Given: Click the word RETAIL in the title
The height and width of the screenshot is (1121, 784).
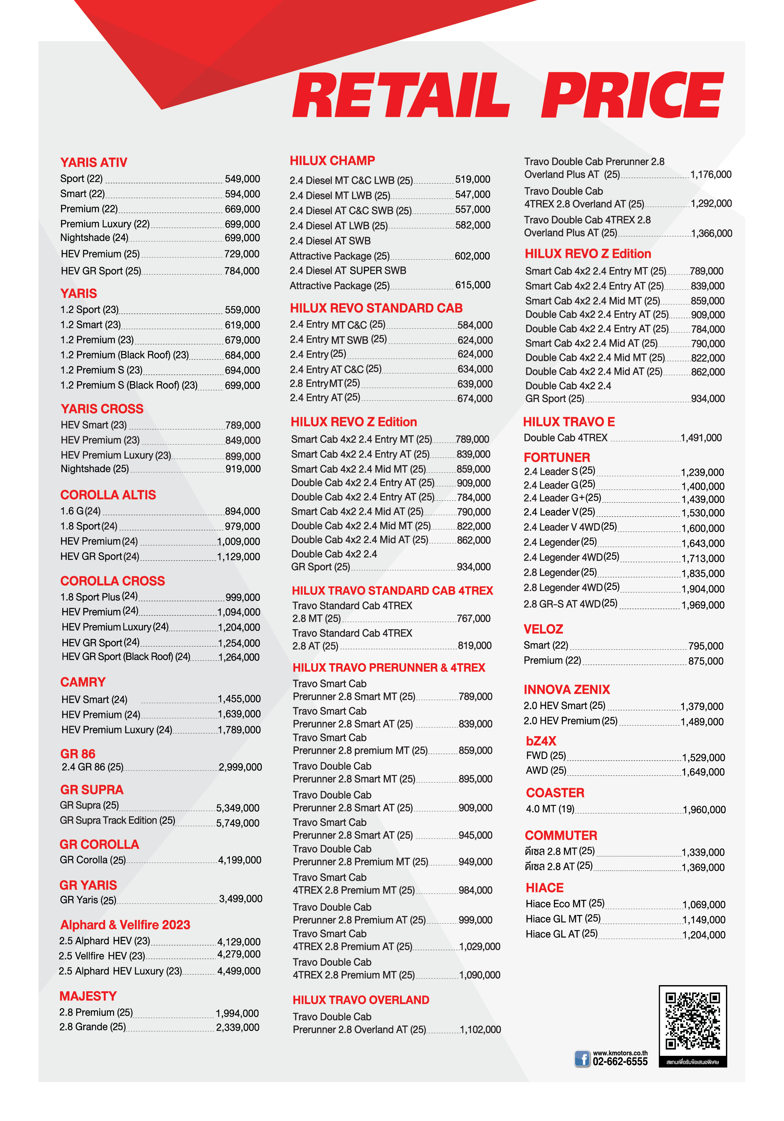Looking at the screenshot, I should point(401,95).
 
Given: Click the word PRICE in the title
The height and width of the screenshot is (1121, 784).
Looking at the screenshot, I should point(632,95).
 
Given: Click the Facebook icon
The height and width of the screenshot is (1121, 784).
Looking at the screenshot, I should point(582,1059).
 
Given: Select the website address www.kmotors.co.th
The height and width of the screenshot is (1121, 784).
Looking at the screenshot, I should point(620,1053).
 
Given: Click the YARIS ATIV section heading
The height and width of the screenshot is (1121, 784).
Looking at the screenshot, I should point(94,163).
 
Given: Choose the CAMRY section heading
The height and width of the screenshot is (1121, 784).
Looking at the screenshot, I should point(83,682).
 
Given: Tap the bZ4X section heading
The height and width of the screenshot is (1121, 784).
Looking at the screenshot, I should point(541,741).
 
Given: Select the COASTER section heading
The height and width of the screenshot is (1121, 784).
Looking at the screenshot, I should point(555,793).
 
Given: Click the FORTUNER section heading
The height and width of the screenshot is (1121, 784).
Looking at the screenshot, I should point(557,457).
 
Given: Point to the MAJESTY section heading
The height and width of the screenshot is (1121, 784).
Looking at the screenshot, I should point(88,996).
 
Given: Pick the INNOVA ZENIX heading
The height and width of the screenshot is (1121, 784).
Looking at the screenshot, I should point(567,689).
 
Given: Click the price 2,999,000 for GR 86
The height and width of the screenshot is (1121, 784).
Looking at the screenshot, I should point(240,767).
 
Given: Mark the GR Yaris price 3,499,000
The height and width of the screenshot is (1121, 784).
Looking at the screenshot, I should point(241,899).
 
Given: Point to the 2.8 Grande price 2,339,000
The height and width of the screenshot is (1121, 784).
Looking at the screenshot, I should point(237,1027).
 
